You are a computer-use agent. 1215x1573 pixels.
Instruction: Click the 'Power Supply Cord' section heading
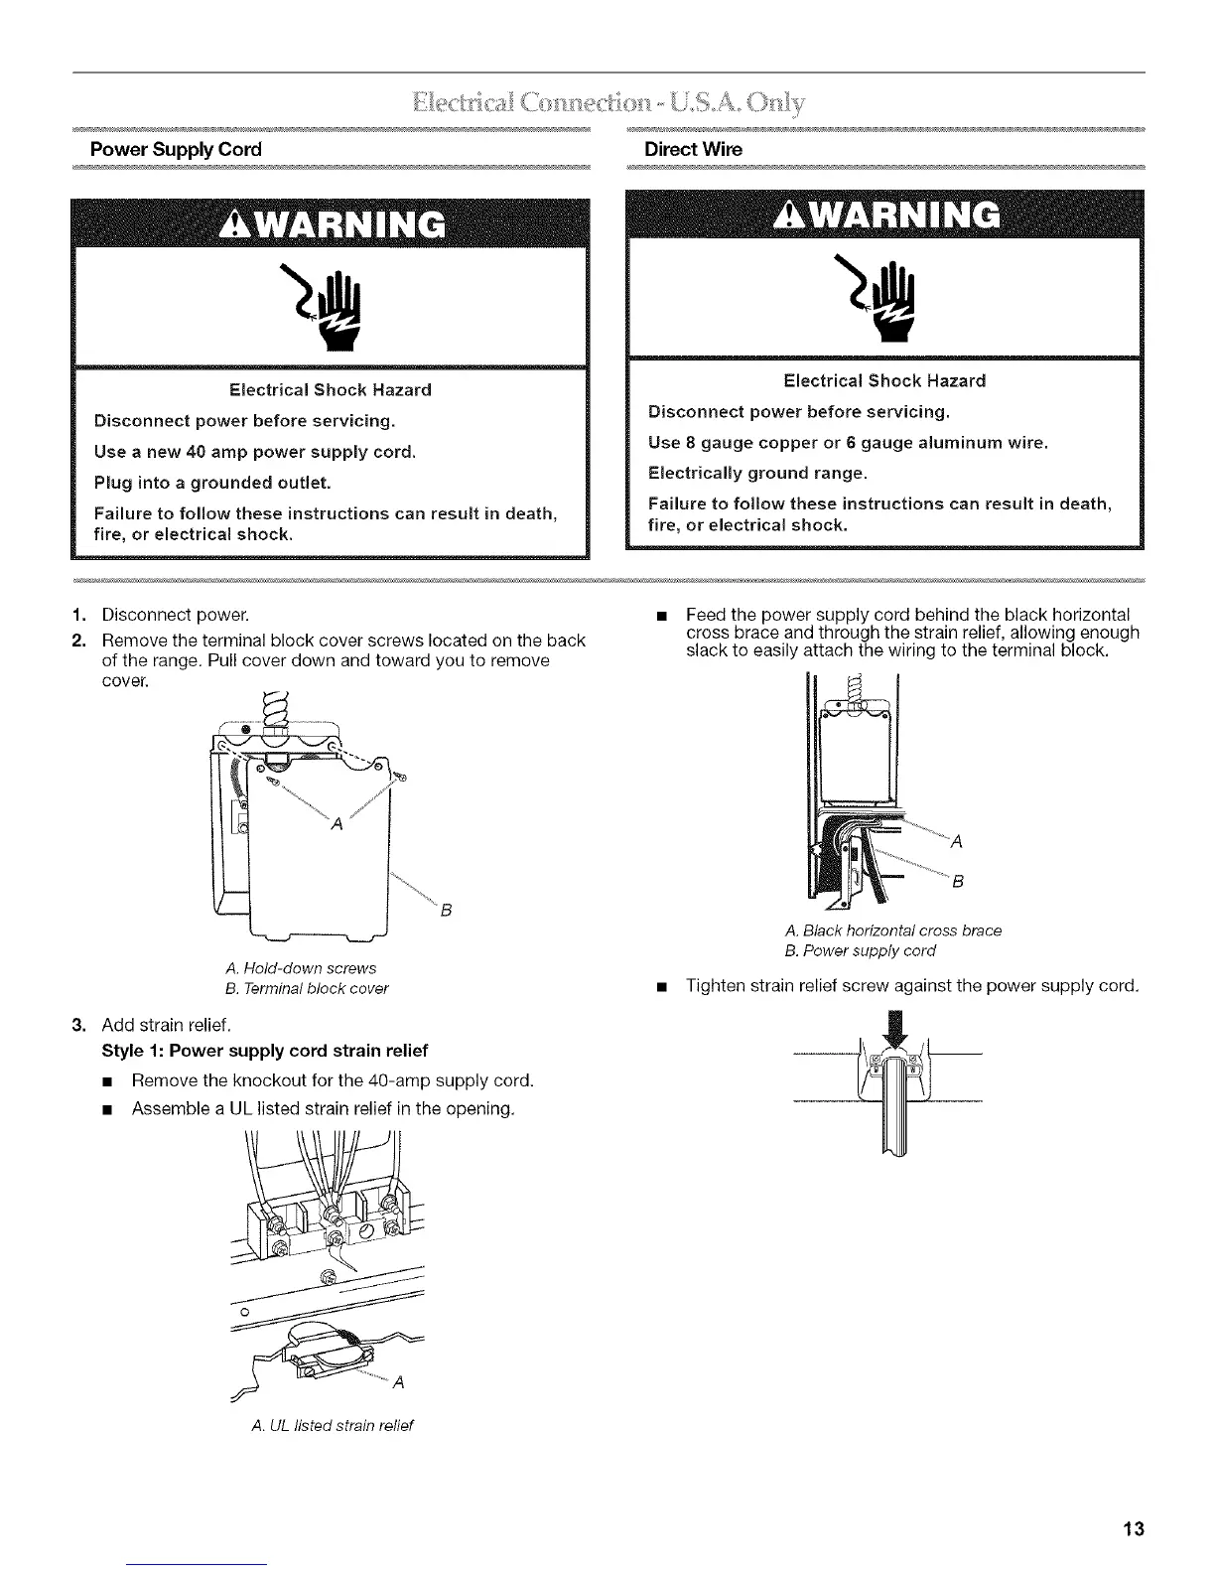click(x=176, y=150)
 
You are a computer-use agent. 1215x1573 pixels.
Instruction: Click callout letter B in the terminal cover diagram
click(x=447, y=910)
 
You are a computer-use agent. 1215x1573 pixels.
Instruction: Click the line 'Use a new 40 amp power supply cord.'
click(x=254, y=452)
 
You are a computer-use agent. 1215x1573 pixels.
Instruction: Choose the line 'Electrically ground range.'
click(x=757, y=472)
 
